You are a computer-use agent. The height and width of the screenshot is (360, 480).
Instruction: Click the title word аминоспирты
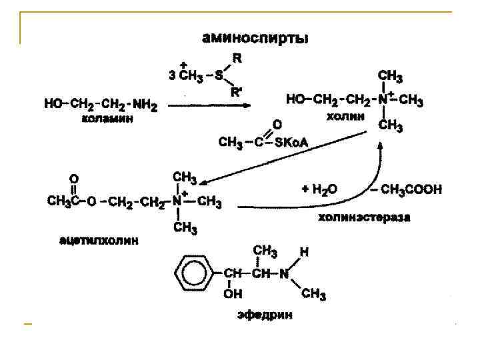point(255,39)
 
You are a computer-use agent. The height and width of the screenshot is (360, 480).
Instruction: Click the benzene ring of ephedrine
point(191,273)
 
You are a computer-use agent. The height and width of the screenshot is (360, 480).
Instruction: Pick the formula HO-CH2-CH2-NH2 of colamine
point(101,103)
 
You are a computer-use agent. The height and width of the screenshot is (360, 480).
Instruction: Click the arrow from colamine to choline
point(209,105)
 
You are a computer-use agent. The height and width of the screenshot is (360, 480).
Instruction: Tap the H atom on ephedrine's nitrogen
point(304,253)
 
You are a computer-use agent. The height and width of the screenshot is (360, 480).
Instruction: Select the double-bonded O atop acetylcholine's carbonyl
point(74,179)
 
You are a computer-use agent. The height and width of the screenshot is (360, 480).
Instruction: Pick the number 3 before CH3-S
point(172,75)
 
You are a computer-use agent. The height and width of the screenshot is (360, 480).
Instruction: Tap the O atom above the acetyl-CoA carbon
point(277,124)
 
